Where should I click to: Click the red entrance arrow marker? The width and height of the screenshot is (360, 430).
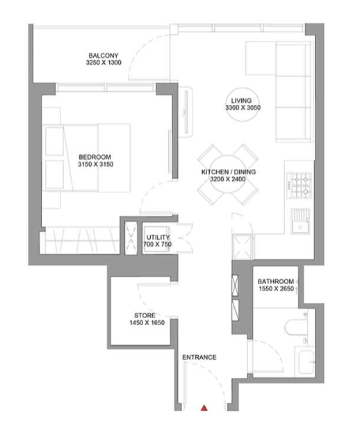point(204,408)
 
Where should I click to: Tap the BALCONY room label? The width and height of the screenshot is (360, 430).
point(104,56)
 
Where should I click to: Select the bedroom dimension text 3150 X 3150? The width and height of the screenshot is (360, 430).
point(95,164)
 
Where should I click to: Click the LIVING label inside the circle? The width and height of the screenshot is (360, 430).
point(241,101)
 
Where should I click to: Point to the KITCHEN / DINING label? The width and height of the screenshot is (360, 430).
point(229,172)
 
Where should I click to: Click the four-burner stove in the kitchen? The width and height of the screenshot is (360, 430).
point(299,185)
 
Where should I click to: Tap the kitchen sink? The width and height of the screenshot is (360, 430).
point(300,221)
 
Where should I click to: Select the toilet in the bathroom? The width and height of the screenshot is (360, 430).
point(296,327)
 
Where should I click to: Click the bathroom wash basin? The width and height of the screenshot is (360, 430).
point(306,362)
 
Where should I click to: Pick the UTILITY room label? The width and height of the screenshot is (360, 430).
point(158,238)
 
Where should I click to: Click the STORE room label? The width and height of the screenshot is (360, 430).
point(145,315)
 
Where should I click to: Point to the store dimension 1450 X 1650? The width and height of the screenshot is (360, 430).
point(147,322)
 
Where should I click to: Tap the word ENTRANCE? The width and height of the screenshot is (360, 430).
point(199,357)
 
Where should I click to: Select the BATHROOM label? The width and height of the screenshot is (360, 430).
point(276,281)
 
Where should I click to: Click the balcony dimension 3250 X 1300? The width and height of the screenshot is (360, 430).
point(104,63)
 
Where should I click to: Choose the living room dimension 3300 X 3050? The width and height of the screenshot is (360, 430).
point(243,108)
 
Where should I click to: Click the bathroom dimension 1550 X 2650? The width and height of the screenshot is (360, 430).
point(277,288)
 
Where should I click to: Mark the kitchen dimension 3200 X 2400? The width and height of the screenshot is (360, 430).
point(228,179)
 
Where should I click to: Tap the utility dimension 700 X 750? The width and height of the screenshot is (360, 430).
point(158,244)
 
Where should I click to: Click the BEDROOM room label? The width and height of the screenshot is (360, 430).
point(95,157)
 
